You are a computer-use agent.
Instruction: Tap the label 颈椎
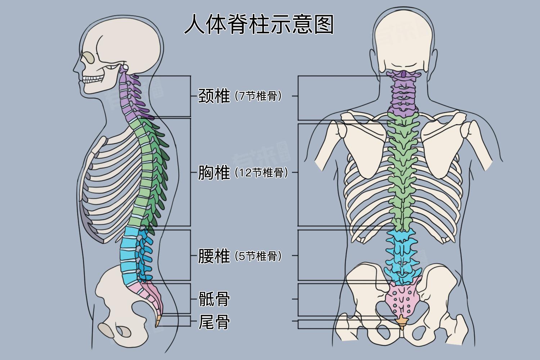[214, 96]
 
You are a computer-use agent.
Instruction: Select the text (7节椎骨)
[258, 96]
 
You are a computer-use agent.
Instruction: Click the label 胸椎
[214, 172]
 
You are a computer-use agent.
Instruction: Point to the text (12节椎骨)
[262, 173]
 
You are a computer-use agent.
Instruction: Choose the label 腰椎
[214, 256]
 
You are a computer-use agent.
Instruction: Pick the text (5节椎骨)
[258, 256]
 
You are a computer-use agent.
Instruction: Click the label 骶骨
[214, 299]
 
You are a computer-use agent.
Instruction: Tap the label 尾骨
[214, 322]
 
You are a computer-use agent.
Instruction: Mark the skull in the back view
[403, 40]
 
